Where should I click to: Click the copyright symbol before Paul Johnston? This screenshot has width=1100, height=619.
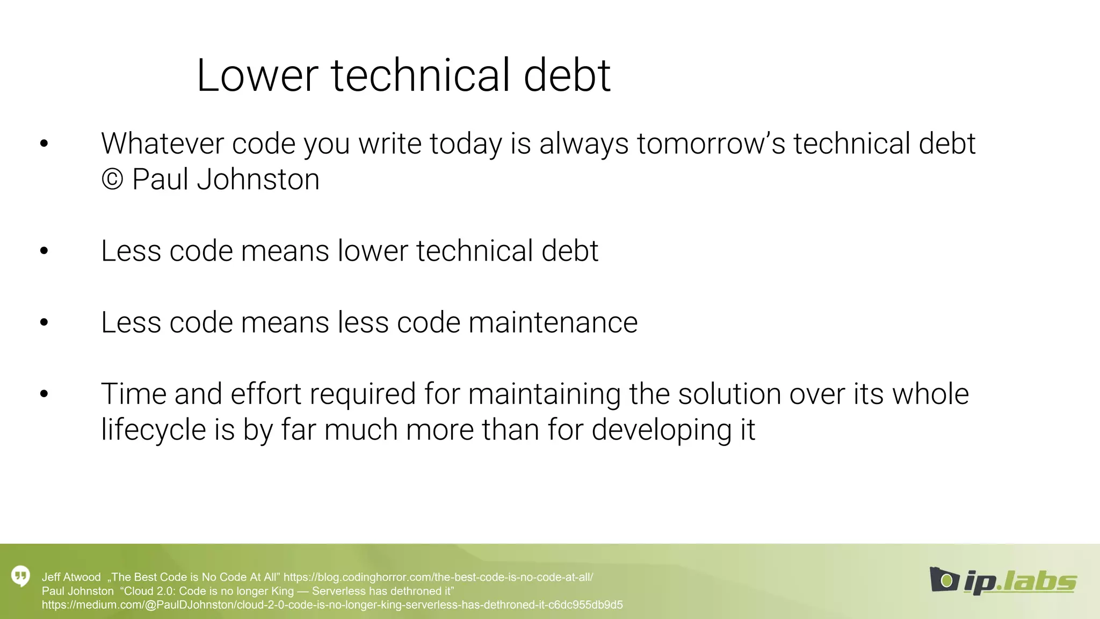point(112,179)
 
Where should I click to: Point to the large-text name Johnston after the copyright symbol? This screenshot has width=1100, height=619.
point(258,179)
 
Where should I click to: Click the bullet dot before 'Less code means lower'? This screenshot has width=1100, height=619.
point(44,250)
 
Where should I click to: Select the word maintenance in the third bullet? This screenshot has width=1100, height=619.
point(553,323)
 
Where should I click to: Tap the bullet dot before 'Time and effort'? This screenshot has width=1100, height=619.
point(44,394)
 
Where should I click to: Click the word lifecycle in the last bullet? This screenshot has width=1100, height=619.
point(153,430)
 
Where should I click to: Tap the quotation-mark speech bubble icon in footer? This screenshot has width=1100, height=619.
point(21,577)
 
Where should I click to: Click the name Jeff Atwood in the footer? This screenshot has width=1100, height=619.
point(71,578)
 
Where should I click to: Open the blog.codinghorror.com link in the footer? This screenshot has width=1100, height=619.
point(438,578)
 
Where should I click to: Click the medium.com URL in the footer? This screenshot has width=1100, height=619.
point(332,605)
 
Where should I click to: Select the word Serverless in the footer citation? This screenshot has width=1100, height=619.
point(337,592)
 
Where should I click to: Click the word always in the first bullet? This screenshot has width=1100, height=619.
point(584,144)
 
